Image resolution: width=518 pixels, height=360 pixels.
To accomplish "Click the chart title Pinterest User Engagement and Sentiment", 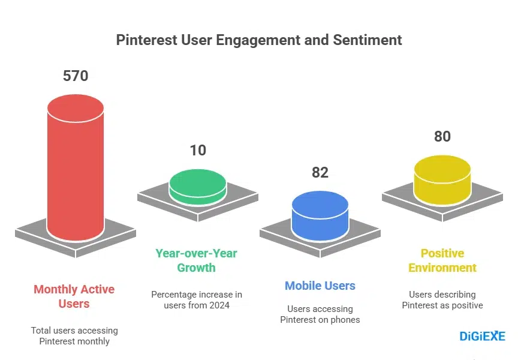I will point(258,40).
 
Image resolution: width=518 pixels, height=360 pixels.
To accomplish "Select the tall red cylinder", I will point(76,174).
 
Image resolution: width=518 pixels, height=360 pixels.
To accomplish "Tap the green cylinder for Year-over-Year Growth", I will point(198,187).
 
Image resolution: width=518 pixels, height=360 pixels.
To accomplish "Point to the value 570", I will point(76,76).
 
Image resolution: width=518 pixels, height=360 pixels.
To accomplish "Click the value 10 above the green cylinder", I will point(198,150).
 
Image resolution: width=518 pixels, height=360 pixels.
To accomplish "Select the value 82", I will point(320,173).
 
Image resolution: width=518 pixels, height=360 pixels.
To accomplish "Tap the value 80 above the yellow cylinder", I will point(442,137).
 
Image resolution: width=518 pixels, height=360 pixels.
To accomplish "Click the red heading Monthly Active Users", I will point(74,296).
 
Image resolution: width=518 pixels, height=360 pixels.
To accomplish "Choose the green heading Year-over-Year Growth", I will point(196,260).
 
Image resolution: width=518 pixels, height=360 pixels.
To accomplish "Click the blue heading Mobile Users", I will point(320,286).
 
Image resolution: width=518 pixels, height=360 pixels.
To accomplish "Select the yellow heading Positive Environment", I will point(442,260).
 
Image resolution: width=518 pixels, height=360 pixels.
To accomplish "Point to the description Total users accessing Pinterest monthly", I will point(74,336).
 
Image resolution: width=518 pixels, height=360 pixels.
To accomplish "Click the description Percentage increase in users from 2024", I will point(197,300).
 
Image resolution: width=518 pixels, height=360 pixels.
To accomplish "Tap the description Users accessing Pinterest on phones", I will point(320,314).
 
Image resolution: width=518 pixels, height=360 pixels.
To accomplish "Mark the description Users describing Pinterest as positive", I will point(442,300).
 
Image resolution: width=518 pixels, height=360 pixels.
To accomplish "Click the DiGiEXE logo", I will point(482,336).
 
